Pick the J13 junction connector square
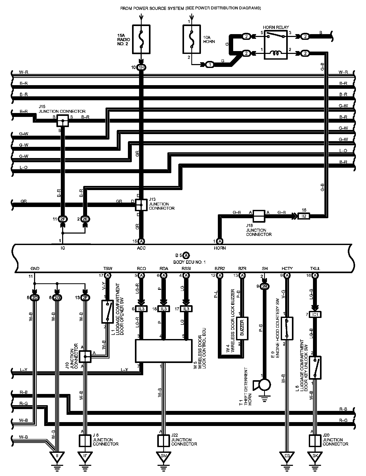141,205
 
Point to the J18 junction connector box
259,216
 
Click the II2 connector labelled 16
304,216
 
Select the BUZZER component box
242,328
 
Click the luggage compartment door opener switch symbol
107,312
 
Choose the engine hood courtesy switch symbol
287,328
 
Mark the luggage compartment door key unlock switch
315,367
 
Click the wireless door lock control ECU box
164,351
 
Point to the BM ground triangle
163,456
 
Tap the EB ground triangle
287,456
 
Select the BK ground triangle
315,456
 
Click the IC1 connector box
315,315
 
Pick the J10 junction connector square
85,356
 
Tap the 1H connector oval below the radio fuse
141,67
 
